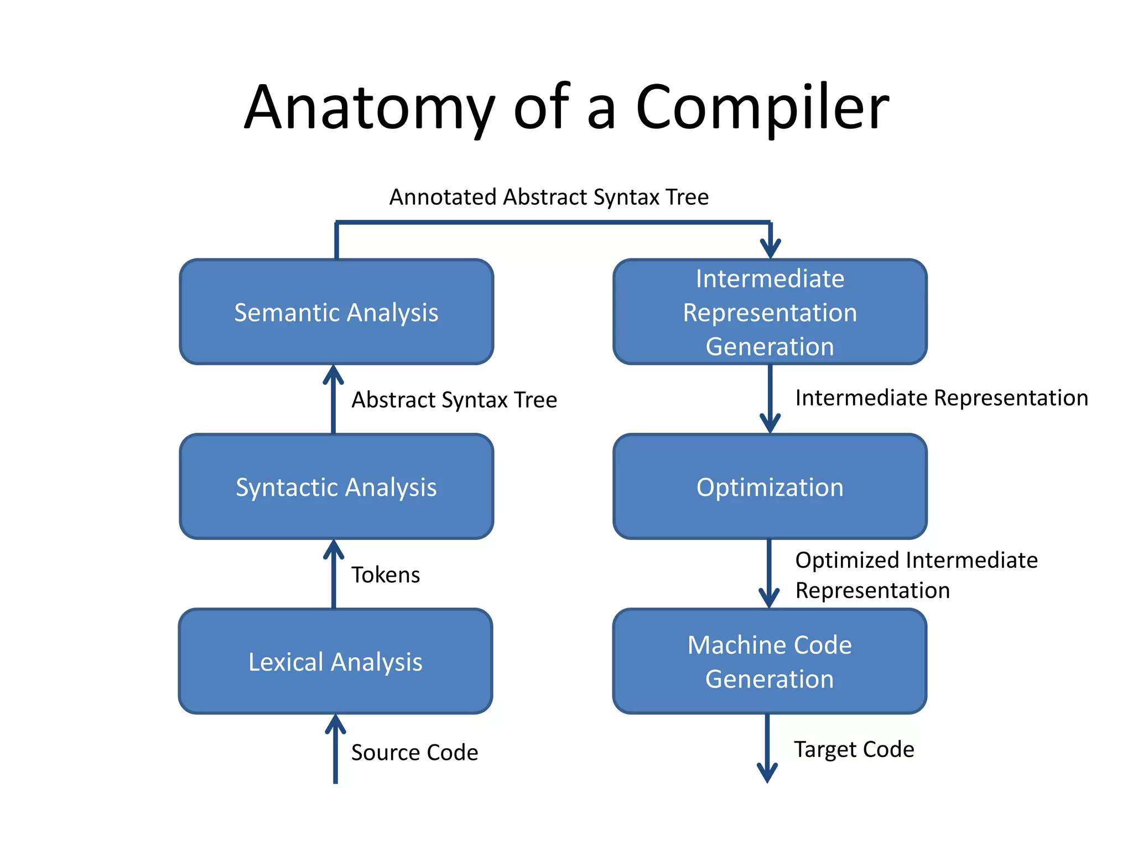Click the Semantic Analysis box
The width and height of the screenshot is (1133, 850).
point(336,312)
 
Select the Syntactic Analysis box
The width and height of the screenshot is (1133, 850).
point(336,486)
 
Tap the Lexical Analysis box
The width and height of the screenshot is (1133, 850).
point(335,661)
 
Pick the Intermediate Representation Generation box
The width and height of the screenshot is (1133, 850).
point(770,312)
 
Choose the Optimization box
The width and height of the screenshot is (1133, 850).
point(770,486)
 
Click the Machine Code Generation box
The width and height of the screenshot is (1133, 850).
point(770,661)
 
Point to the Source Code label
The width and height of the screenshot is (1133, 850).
point(414,752)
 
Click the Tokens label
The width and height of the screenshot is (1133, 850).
point(386,574)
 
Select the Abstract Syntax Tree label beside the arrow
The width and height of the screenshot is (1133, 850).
point(454,400)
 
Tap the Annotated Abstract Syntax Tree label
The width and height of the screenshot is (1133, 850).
point(549,197)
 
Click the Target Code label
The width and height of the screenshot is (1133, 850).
point(854,749)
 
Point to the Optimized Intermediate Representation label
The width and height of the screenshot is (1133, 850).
point(916,575)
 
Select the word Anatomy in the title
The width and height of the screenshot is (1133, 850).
point(369,108)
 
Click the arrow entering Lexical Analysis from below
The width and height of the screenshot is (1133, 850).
point(335,750)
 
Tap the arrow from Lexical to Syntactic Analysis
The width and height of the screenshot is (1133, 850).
point(334,574)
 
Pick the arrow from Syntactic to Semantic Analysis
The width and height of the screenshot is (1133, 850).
point(334,400)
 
